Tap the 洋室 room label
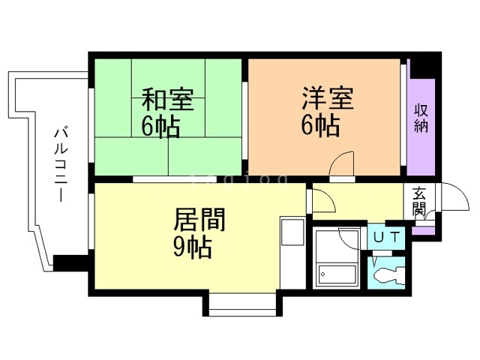[x=328, y=98]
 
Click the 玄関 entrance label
[x=418, y=200]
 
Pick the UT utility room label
[x=388, y=238]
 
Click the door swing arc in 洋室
[x=343, y=163]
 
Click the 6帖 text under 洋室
[x=320, y=125]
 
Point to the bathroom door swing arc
[x=351, y=234]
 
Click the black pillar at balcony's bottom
[x=70, y=263]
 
